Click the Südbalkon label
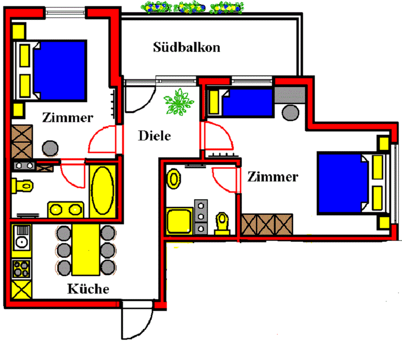pyautogui.click(x=187, y=47)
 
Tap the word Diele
pyautogui.click(x=154, y=136)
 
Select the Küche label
pyautogui.click(x=88, y=288)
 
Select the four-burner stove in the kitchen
pyautogui.click(x=21, y=269)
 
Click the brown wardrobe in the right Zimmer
pyautogui.click(x=266, y=225)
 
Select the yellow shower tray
pyautogui.click(x=180, y=222)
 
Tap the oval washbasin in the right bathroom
pyautogui.click(x=174, y=179)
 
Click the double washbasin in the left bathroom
pyautogui.click(x=66, y=209)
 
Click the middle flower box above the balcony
pyautogui.click(x=189, y=7)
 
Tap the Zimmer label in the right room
pyautogui.click(x=273, y=177)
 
